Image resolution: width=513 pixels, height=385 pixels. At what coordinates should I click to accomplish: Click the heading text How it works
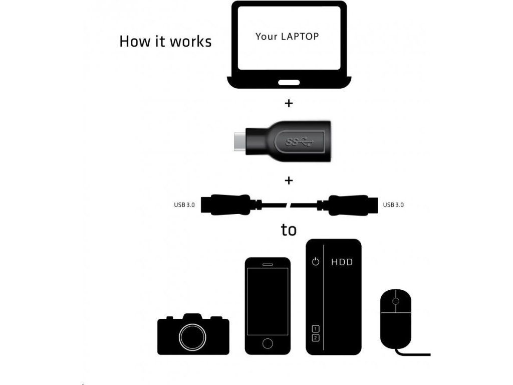click(x=165, y=41)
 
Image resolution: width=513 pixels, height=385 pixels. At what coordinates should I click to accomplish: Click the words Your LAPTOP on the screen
click(x=287, y=36)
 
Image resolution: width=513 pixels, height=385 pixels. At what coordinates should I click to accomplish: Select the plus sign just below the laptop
click(x=288, y=104)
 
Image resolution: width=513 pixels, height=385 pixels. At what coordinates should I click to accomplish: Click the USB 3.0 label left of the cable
click(x=184, y=205)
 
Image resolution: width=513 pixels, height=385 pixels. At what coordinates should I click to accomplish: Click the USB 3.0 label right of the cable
click(x=393, y=205)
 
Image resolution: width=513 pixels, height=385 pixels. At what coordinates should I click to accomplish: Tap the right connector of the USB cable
click(x=351, y=205)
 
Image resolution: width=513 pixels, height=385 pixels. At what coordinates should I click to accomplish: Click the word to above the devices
click(x=289, y=230)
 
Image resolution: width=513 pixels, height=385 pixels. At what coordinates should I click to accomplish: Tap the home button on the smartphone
click(x=268, y=343)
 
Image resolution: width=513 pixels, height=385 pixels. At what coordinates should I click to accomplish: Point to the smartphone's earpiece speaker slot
click(x=268, y=264)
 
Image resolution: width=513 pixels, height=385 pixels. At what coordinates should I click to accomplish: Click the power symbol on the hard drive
click(x=315, y=262)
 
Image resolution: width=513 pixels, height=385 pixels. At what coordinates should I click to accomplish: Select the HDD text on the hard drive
click(x=342, y=262)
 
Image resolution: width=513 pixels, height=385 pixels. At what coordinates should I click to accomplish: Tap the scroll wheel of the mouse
click(x=396, y=301)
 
